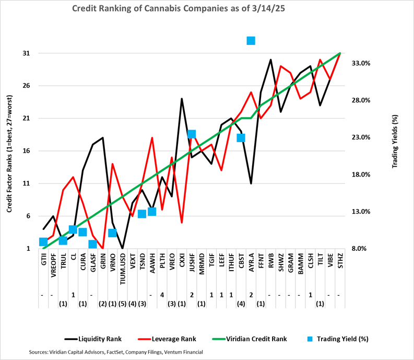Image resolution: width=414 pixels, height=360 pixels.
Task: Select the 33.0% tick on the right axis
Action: point(361,63)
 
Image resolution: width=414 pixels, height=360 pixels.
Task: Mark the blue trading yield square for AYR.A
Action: point(251,41)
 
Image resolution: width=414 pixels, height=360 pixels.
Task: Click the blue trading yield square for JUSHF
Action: point(192,134)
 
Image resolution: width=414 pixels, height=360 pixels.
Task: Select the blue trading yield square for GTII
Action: point(43,242)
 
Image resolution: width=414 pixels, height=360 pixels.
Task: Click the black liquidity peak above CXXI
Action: point(182,98)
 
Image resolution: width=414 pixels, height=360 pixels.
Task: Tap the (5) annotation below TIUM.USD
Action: point(122,304)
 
